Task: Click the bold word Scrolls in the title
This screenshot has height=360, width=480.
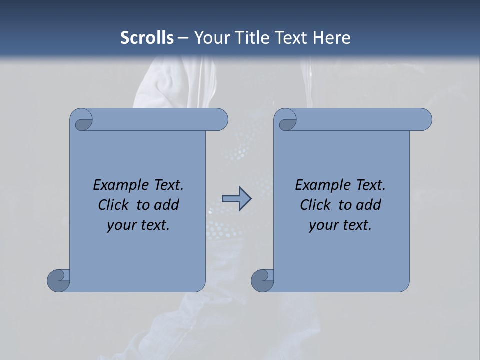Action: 147,38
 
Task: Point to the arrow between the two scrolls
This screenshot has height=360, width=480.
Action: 236,199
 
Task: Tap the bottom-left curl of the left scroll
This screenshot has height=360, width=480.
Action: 58,280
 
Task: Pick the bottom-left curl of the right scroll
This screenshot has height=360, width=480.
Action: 262,280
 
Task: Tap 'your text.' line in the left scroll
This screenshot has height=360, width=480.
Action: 138,225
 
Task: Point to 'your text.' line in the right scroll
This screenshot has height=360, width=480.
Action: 340,225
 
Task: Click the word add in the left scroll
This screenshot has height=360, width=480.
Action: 167,205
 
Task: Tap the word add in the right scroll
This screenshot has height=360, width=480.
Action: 369,205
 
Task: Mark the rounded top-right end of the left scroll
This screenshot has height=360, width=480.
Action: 220,120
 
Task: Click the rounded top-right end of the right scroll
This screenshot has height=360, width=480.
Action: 424,120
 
